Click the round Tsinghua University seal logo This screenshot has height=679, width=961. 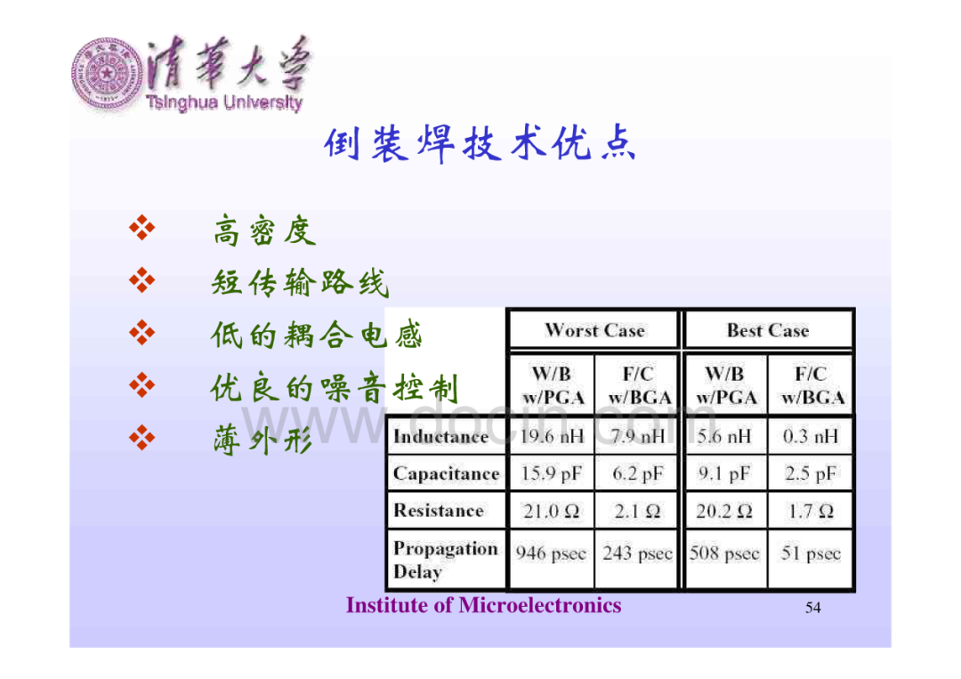108,74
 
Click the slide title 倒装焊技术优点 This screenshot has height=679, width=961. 480,144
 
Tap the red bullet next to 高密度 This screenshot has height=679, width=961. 142,228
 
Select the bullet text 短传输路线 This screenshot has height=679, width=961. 301,282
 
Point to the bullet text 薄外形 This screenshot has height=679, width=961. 262,440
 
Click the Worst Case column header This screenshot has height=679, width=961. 595,330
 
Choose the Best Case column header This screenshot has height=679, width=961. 768,330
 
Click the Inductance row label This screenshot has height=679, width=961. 440,436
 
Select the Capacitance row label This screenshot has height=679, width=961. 446,473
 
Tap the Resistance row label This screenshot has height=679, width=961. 438,511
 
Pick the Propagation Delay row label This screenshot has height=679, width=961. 446,560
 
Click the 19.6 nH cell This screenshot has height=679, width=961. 552,436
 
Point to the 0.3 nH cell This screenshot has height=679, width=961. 811,436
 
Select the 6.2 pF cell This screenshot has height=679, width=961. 637,473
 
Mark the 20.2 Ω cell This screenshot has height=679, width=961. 723,511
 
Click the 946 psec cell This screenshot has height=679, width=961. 551,554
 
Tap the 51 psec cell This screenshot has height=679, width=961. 811,554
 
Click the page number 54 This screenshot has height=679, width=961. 812,607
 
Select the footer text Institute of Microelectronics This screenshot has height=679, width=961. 483,605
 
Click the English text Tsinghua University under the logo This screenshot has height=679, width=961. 224,102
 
